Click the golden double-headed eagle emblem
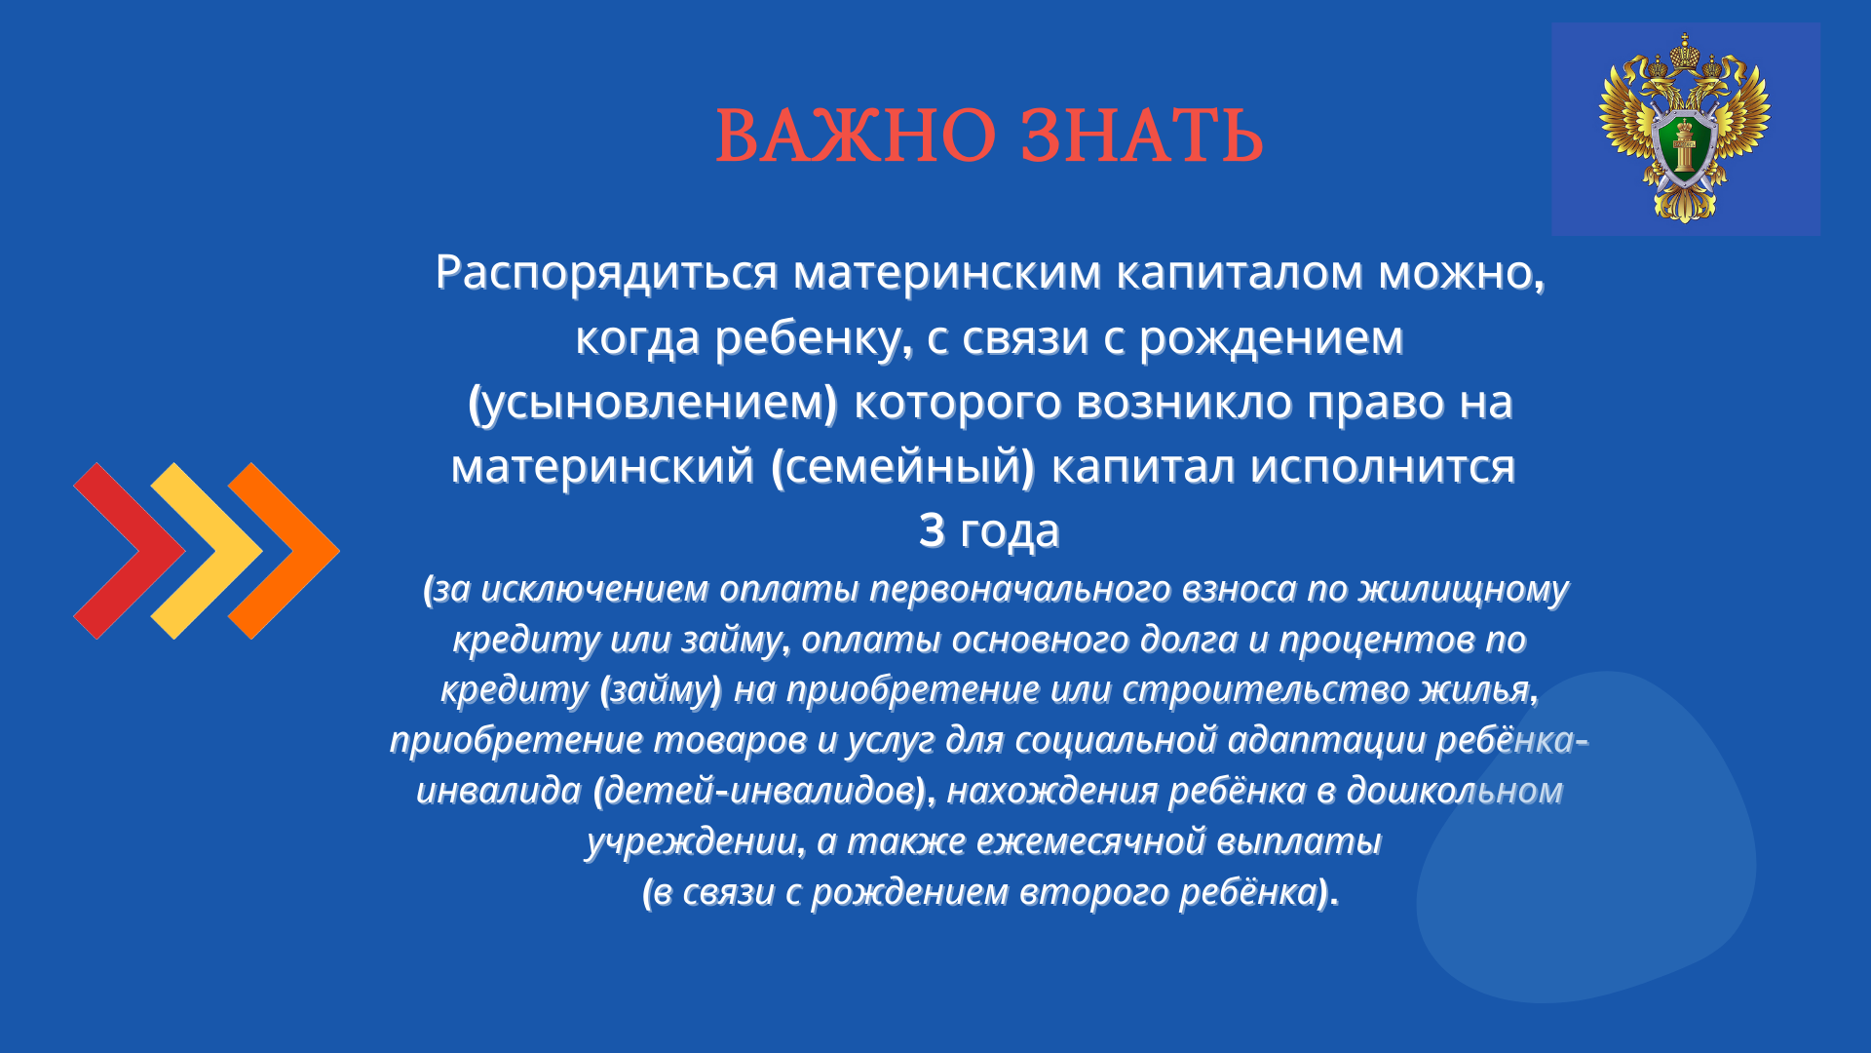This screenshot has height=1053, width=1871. click(x=1685, y=128)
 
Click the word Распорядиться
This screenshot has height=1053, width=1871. click(x=607, y=273)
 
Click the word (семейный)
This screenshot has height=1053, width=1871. click(x=902, y=467)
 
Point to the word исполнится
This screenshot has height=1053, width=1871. click(x=1383, y=467)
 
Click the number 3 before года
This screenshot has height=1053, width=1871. click(x=932, y=530)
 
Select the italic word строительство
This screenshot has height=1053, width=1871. click(x=1266, y=690)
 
